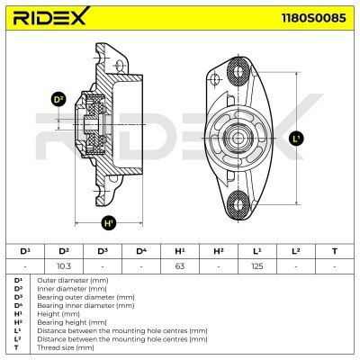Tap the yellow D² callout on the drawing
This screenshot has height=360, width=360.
tap(59, 99)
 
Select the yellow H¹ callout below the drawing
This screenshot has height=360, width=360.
tap(109, 222)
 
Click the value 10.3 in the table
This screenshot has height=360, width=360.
tap(64, 266)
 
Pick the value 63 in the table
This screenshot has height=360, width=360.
tap(179, 266)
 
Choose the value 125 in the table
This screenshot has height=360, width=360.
tap(256, 266)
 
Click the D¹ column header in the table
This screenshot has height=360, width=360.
tap(25, 251)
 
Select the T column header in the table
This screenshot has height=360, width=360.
tap(334, 251)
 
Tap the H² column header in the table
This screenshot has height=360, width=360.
tap(218, 251)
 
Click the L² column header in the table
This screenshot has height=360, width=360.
tap(295, 251)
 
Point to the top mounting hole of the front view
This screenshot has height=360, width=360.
tap(240, 71)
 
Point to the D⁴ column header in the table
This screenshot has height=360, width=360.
tap(141, 251)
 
